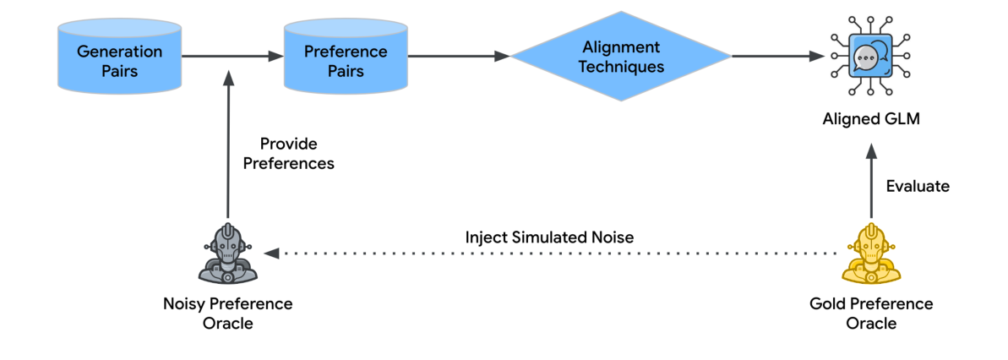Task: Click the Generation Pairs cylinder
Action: pyautogui.click(x=119, y=58)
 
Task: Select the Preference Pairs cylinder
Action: pyautogui.click(x=345, y=58)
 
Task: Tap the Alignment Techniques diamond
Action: pyautogui.click(x=621, y=57)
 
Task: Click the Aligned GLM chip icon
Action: pyautogui.click(x=870, y=57)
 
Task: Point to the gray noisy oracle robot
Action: pyautogui.click(x=227, y=253)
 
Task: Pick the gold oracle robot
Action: pyautogui.click(x=871, y=253)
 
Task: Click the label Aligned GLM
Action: pyautogui.click(x=871, y=120)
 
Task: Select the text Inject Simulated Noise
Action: pyautogui.click(x=549, y=237)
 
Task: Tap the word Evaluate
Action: pyautogui.click(x=918, y=187)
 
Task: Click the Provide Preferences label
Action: pyautogui.click(x=288, y=154)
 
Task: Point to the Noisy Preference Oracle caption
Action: pyautogui.click(x=227, y=313)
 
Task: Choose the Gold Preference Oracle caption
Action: pyautogui.click(x=871, y=313)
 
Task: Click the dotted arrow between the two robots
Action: pyautogui.click(x=549, y=253)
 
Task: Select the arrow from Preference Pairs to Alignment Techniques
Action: pyautogui.click(x=457, y=57)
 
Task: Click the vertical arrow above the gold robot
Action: pyautogui.click(x=871, y=182)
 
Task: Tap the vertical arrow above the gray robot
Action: pyautogui.click(x=227, y=144)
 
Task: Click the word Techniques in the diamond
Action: pyautogui.click(x=621, y=67)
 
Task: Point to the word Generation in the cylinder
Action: pyautogui.click(x=119, y=51)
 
